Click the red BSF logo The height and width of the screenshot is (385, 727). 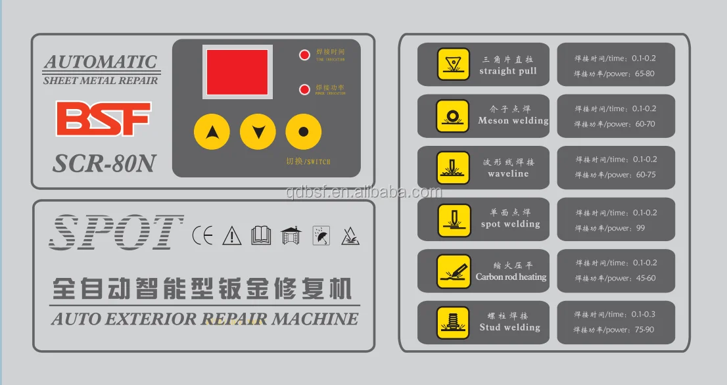pos(103,119)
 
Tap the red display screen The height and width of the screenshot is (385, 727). pos(237,72)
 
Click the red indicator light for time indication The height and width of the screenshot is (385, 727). pos(304,55)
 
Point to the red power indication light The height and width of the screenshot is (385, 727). pos(304,89)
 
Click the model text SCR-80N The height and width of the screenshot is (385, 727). pos(103,163)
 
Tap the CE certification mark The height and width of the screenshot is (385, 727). pos(202,235)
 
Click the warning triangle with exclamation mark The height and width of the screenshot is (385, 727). pos(231,235)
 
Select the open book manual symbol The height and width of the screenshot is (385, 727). pos(261,235)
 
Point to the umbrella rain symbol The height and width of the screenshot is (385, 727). pos(321,235)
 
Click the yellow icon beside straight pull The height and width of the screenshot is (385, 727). pos(453,64)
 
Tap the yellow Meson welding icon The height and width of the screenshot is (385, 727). pos(453,116)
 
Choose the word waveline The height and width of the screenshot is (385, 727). pos(508,174)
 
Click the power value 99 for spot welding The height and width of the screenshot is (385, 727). pos(640,228)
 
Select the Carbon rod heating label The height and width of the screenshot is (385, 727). pos(511,277)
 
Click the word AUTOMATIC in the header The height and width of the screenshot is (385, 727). pos(101,62)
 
